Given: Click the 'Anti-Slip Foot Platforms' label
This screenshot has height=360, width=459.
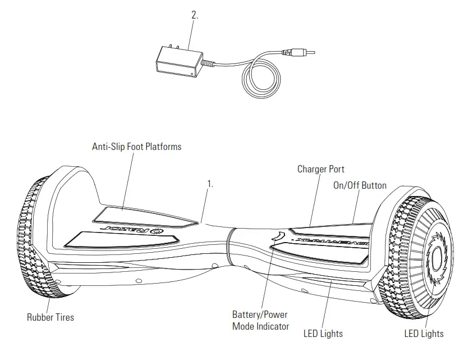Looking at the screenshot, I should click(136, 147).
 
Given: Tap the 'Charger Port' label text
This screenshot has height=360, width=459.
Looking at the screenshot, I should click(320, 169).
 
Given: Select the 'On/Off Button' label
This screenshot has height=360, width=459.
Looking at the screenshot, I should click(359, 185).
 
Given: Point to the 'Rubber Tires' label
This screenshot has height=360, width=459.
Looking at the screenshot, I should click(51, 317).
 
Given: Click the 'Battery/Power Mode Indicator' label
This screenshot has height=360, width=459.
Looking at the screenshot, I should click(260, 321).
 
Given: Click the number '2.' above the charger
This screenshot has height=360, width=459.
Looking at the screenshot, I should click(195, 16).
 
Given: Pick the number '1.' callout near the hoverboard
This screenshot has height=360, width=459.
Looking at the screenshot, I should click(210, 184).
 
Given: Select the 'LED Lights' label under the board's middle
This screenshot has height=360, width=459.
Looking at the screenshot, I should click(323, 334).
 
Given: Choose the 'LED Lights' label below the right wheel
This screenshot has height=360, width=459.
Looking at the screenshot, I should click(424, 334).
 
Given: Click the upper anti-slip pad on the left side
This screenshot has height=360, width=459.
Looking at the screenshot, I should click(146, 216).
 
